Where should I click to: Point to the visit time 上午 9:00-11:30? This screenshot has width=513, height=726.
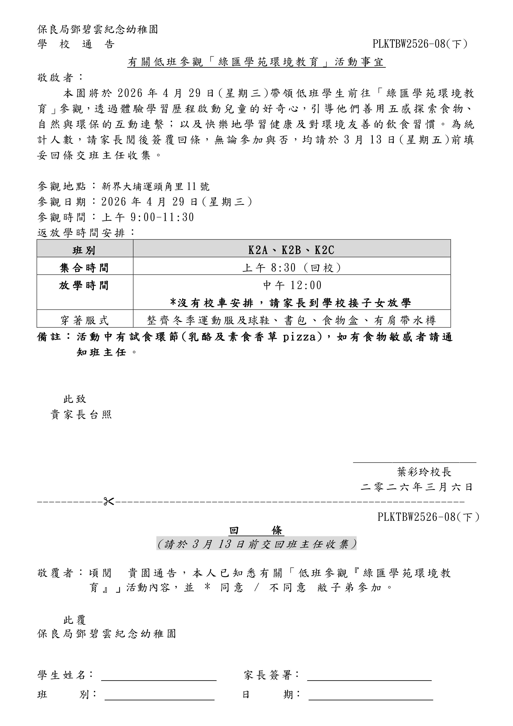click(148, 217)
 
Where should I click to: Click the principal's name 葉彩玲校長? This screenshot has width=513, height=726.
click(424, 472)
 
